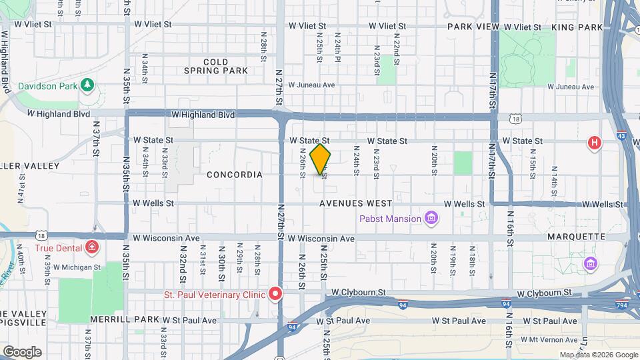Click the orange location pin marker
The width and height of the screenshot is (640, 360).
(321, 159)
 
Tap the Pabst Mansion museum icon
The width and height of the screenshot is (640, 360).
(431, 218)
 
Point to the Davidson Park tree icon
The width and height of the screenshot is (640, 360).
(86, 85)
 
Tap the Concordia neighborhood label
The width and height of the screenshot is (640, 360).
(235, 175)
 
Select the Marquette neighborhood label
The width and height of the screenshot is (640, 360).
(575, 237)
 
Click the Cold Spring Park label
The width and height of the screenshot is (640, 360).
(215, 66)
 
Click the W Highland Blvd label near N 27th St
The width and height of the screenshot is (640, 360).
(203, 115)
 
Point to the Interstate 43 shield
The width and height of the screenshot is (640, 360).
(621, 134)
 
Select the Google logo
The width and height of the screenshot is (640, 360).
(22, 351)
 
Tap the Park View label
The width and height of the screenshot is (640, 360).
(473, 27)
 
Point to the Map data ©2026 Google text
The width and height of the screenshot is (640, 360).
(599, 355)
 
